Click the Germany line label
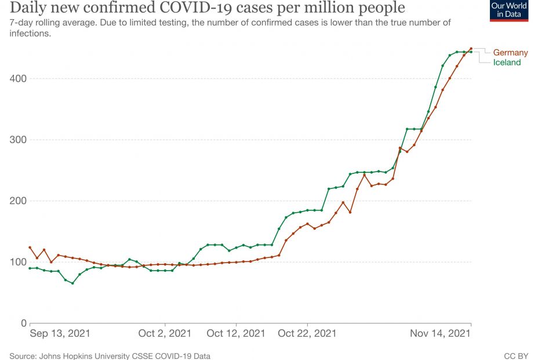coord(510,53)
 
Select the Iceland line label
coord(507,63)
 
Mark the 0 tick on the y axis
coord(24,323)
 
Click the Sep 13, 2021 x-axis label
coord(60,334)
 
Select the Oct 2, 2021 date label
coord(165,334)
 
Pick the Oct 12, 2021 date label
coord(235,334)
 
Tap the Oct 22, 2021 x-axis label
coord(307,334)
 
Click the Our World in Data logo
coord(509,10)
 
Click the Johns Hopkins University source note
coord(110,355)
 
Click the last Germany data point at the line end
coord(471,49)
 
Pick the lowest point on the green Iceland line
coord(72,283)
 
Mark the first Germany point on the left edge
coord(30,248)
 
